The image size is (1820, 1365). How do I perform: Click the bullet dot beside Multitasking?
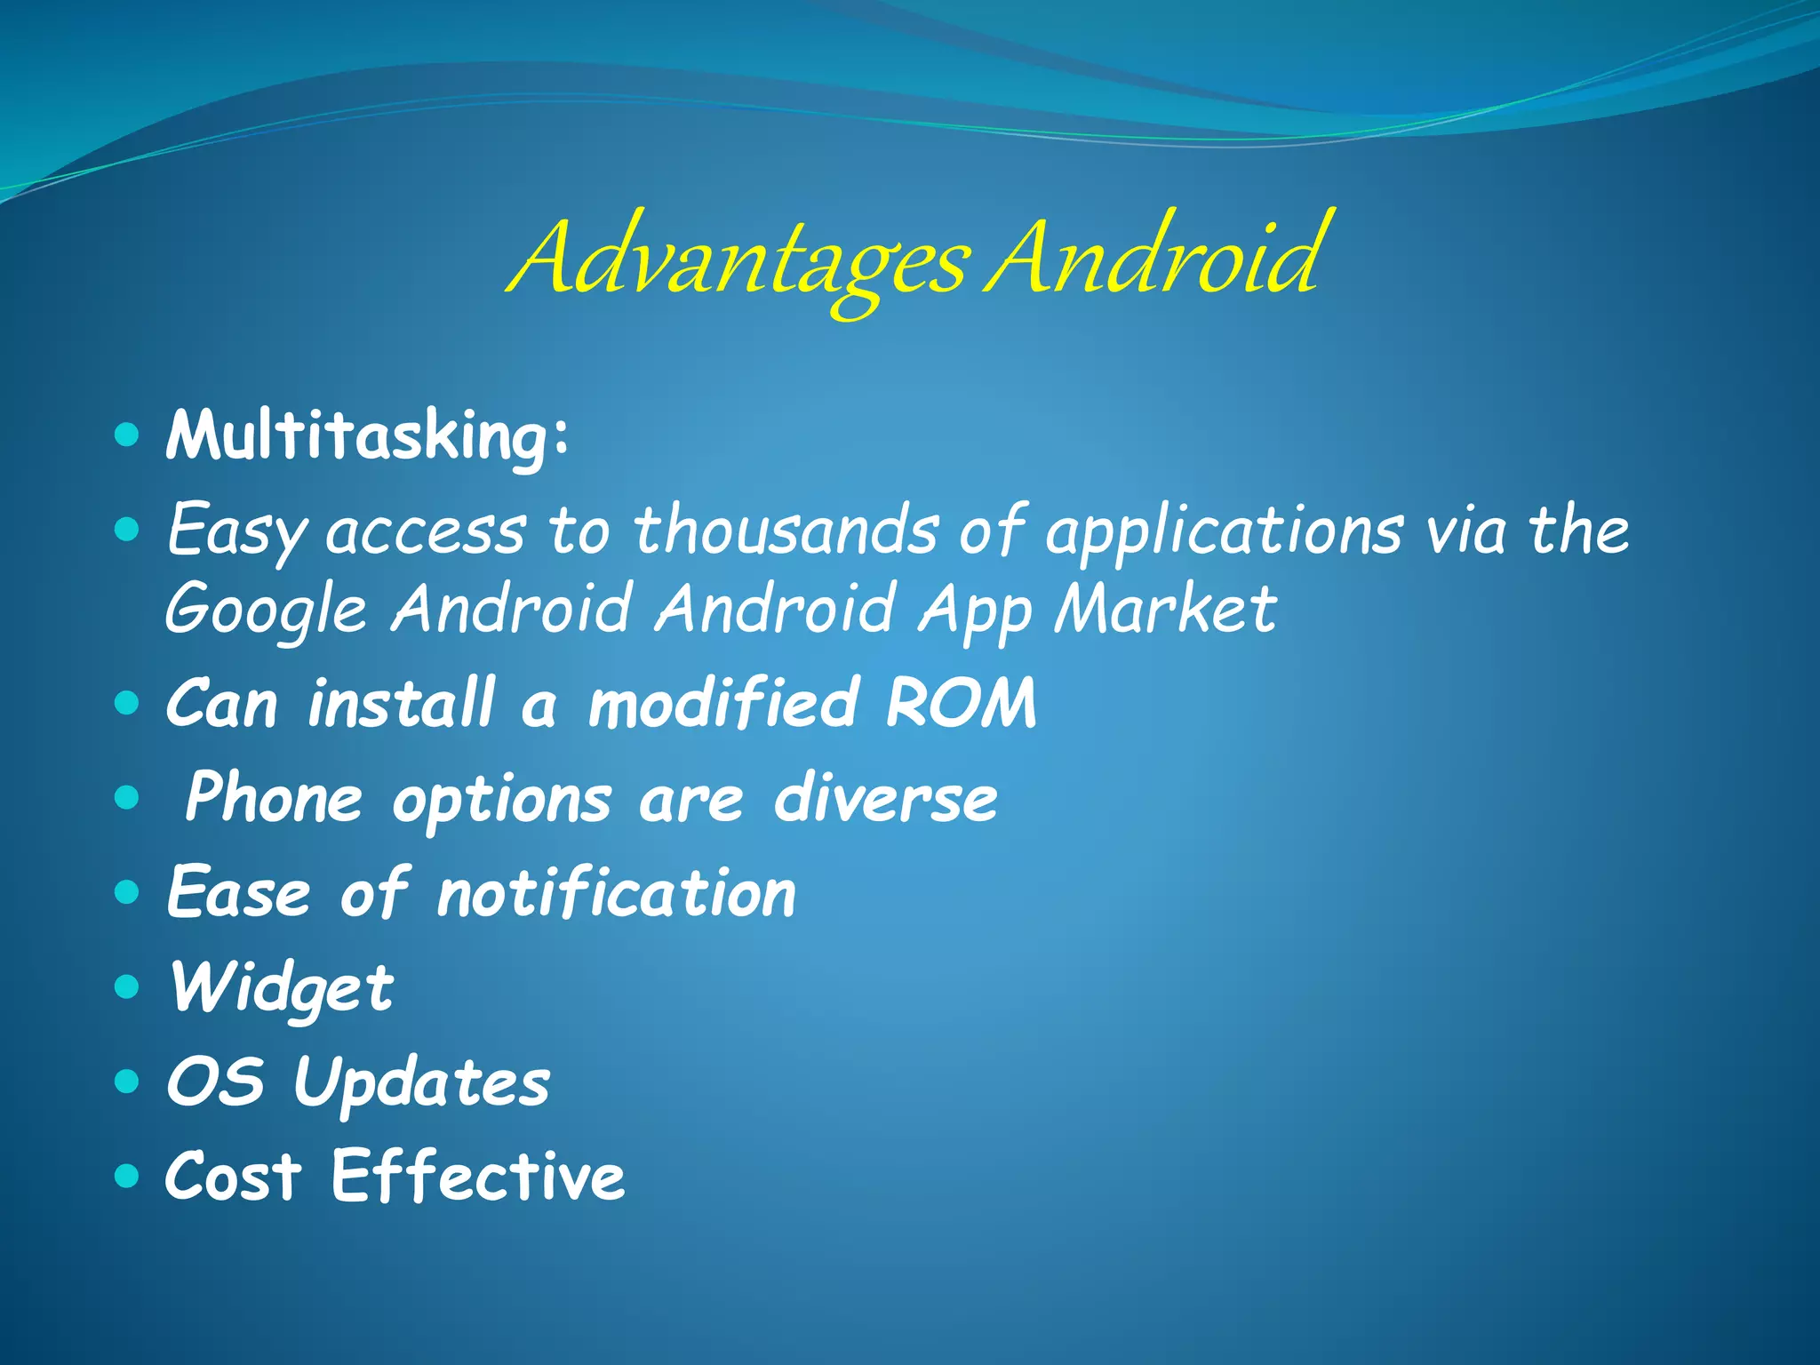[128, 435]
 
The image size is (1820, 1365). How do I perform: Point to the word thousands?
[786, 531]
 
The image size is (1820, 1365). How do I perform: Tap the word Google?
[266, 611]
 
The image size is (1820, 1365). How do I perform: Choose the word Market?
[1165, 609]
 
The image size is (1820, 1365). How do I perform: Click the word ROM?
[961, 703]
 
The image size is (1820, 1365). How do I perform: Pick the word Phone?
[274, 797]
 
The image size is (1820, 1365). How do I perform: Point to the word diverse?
[885, 797]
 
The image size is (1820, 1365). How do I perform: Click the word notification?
[617, 892]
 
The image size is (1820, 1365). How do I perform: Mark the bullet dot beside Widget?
[128, 986]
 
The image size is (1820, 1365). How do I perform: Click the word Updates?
[421, 1082]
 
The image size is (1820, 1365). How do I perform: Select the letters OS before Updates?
[215, 1082]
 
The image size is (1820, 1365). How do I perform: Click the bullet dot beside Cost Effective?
[128, 1176]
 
